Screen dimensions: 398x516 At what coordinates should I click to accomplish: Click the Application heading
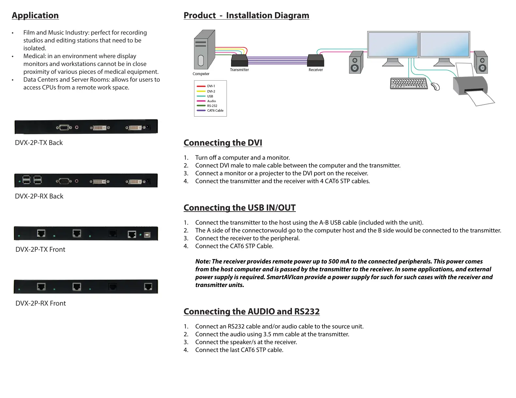tap(35, 15)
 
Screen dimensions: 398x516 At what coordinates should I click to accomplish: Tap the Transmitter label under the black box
tap(239, 70)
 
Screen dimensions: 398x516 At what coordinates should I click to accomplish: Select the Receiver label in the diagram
tap(316, 70)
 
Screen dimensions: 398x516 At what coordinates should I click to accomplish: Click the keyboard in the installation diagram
tap(409, 84)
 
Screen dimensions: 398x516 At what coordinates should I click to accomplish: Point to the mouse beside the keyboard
tap(435, 87)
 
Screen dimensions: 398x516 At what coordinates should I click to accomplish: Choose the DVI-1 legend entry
tap(211, 86)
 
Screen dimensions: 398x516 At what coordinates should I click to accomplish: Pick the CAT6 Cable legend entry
tap(215, 110)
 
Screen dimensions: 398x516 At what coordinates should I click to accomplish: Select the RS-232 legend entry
tap(212, 106)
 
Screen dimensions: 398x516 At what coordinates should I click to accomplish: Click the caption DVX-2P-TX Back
tap(39, 143)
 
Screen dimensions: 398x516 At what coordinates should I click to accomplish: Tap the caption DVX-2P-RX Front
tap(40, 303)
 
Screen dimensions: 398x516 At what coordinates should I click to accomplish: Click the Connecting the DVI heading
tap(223, 143)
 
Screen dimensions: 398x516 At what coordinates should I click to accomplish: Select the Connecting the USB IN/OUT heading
tap(239, 208)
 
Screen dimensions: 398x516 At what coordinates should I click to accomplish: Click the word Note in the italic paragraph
tap(202, 262)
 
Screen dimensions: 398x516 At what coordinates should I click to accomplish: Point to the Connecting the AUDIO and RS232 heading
tap(251, 311)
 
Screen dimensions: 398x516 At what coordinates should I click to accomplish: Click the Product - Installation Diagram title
tap(246, 15)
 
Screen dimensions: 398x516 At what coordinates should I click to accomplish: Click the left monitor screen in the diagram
tap(393, 44)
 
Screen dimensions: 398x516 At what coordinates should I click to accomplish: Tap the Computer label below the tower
tap(201, 74)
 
